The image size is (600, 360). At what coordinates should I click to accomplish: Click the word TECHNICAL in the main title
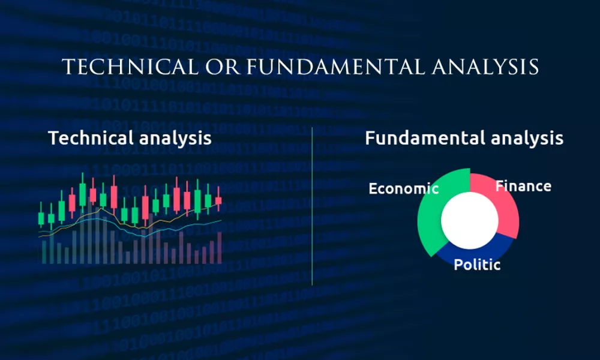[x=130, y=67]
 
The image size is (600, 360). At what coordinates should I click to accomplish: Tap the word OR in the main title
[x=223, y=67]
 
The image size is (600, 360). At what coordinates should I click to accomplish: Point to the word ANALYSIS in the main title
[x=485, y=67]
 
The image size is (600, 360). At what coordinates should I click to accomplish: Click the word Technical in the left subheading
[x=91, y=138]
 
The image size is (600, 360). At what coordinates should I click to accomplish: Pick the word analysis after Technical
[x=175, y=139]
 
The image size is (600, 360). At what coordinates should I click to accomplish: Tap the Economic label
[x=403, y=188]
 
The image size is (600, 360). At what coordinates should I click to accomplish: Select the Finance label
[x=523, y=187]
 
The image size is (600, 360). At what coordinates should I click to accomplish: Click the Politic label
[x=477, y=265]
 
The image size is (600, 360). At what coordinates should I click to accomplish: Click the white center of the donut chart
[x=470, y=220]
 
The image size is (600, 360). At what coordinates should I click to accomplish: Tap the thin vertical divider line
[x=312, y=206]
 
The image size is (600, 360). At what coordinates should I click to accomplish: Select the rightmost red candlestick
[x=218, y=200]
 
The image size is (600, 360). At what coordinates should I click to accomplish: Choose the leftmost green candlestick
[x=41, y=217]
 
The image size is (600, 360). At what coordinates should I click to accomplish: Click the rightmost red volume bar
[x=220, y=248]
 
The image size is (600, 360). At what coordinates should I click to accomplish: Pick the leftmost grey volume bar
[x=44, y=252]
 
